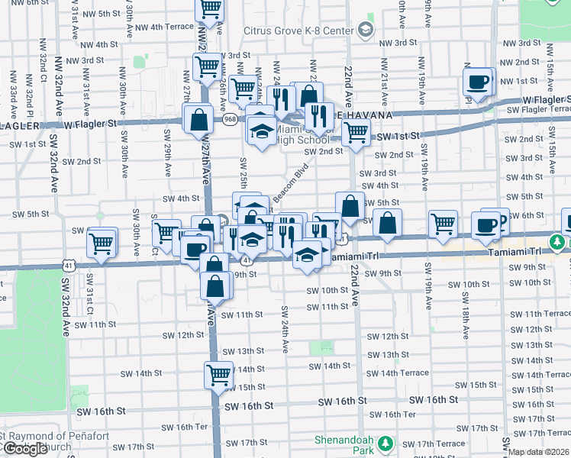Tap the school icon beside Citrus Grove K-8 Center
coord(365,30)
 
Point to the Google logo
coord(24,449)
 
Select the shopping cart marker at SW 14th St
coord(218,376)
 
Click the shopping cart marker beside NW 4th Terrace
coord(209,10)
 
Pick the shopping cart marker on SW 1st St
coord(355,132)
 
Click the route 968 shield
coord(230,119)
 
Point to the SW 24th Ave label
coord(284,328)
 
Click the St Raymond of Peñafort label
coord(55,437)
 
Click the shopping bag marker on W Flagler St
coord(198,120)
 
